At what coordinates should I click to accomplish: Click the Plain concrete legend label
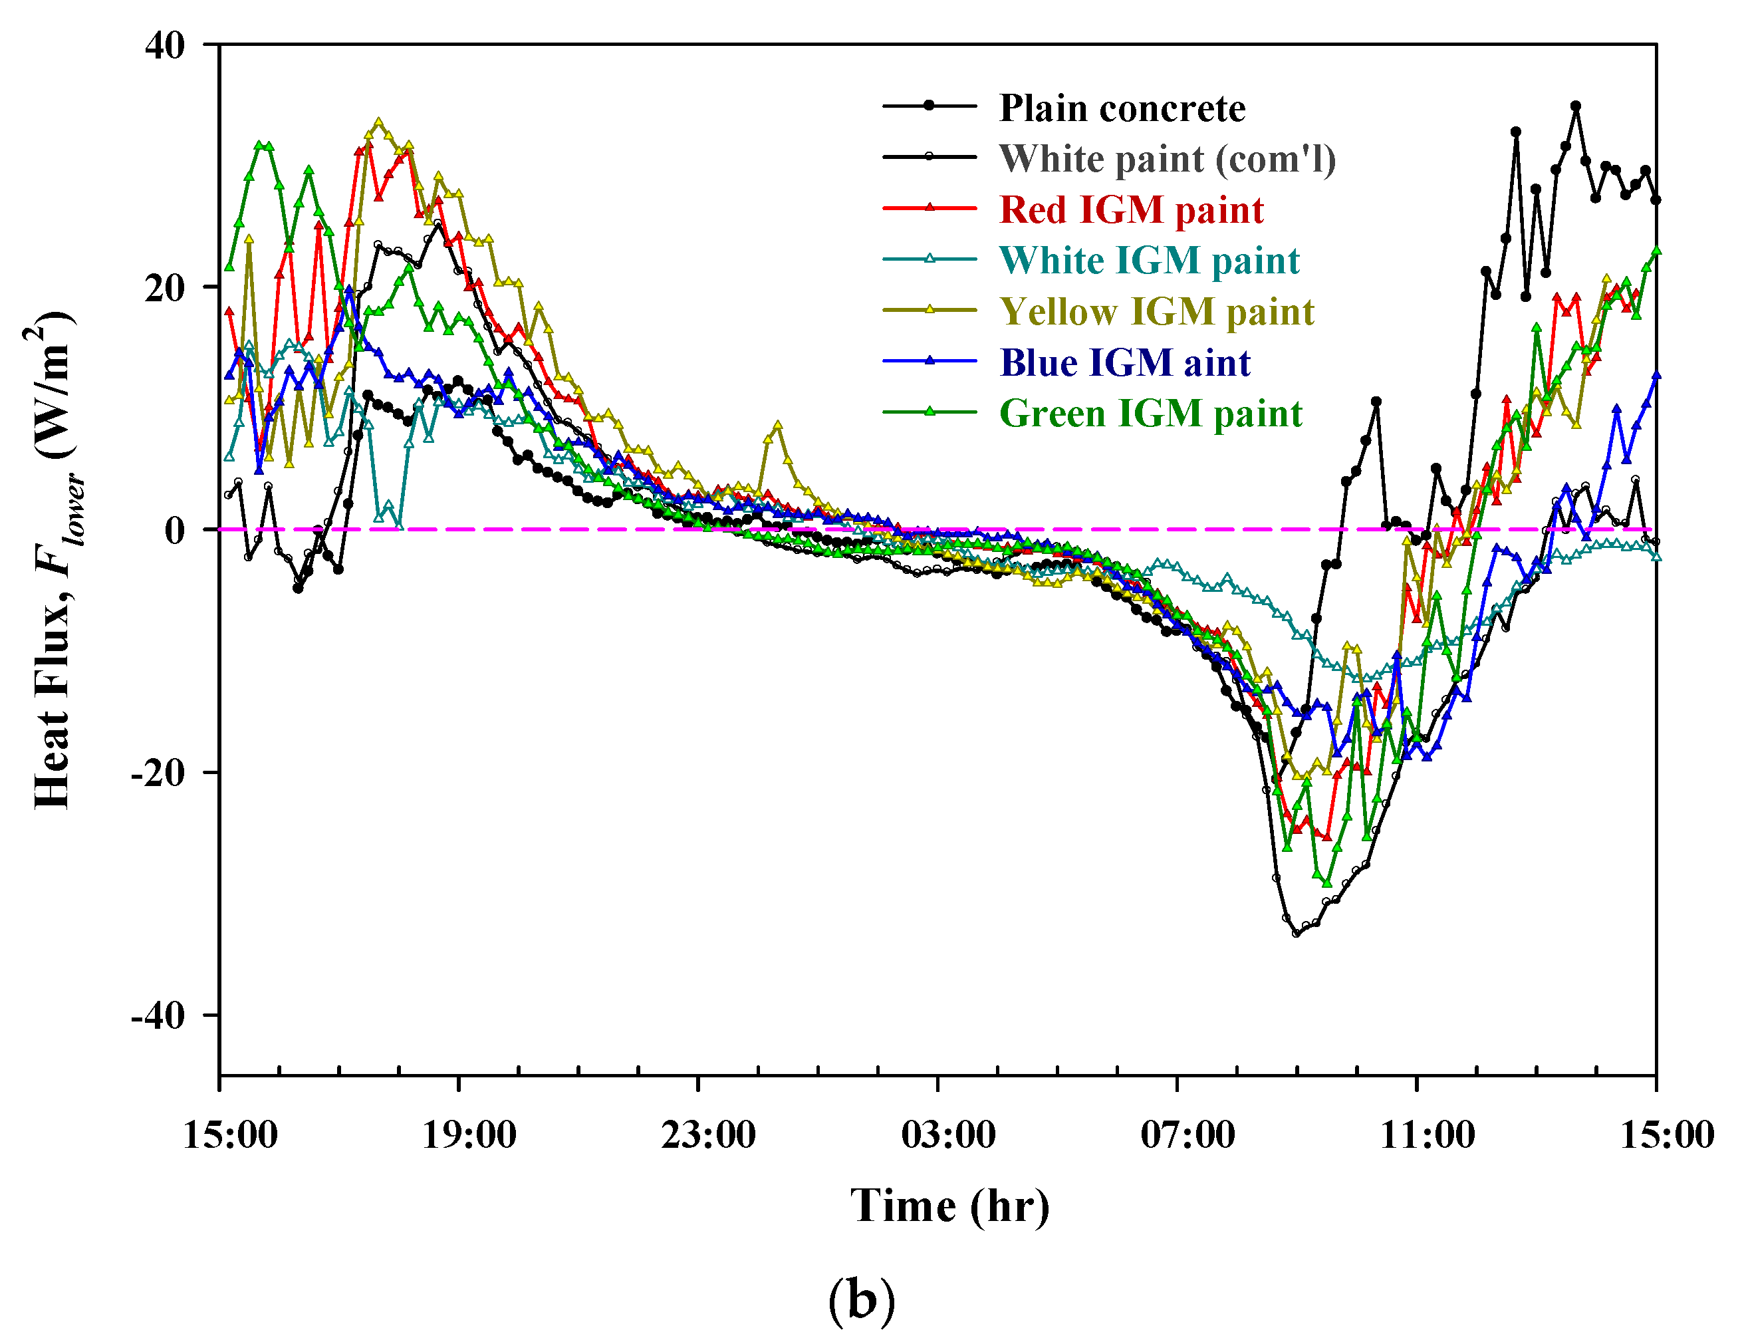1122,108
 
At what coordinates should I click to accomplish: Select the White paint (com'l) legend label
1167,160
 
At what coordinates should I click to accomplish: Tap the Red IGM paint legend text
1132,210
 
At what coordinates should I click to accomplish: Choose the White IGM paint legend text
1150,261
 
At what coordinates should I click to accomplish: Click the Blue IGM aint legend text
1125,363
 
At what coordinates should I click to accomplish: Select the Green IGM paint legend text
1150,414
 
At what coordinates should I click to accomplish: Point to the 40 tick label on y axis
165,46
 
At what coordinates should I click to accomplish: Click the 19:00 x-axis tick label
469,1135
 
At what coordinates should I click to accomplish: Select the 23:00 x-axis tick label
707,1135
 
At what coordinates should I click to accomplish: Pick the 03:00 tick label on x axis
948,1135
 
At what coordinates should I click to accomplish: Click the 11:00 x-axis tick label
1427,1135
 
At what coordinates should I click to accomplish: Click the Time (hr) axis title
949,1206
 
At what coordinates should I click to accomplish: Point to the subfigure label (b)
861,1300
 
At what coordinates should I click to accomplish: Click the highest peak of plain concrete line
1575,106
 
